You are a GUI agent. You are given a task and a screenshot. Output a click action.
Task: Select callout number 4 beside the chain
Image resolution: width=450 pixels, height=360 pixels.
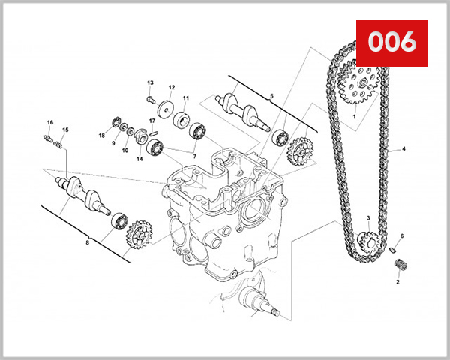click(x=403, y=149)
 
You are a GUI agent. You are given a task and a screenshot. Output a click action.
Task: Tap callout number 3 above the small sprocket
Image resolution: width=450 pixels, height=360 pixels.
click(x=368, y=218)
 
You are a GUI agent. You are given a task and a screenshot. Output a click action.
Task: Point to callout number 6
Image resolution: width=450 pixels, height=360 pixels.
click(x=402, y=236)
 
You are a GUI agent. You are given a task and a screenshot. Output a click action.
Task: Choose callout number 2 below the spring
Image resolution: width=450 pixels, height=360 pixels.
click(x=397, y=283)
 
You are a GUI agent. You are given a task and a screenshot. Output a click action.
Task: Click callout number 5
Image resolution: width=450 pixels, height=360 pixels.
click(x=272, y=96)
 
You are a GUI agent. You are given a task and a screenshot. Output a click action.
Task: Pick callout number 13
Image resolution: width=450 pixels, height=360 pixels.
click(x=150, y=82)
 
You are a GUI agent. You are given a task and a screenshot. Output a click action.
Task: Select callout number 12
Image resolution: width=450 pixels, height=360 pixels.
click(x=171, y=87)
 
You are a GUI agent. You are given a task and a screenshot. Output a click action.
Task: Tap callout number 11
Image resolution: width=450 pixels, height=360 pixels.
click(x=185, y=98)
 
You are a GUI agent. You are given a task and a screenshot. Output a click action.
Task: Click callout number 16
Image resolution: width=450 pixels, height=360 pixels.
click(x=50, y=122)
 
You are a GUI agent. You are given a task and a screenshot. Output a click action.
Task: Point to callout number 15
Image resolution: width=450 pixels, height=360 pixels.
click(x=64, y=130)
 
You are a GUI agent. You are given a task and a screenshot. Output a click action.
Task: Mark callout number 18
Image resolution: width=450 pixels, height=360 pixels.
click(x=102, y=136)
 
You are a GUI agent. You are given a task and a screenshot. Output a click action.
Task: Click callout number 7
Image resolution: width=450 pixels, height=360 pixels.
click(x=196, y=155)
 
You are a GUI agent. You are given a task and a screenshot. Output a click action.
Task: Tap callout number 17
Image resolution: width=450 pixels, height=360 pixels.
click(x=151, y=121)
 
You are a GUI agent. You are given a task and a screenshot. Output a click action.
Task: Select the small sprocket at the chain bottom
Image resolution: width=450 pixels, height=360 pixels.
click(x=368, y=241)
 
